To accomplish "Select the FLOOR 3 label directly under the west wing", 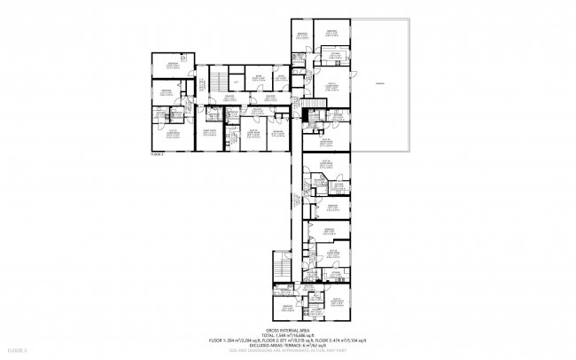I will (159, 154).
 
